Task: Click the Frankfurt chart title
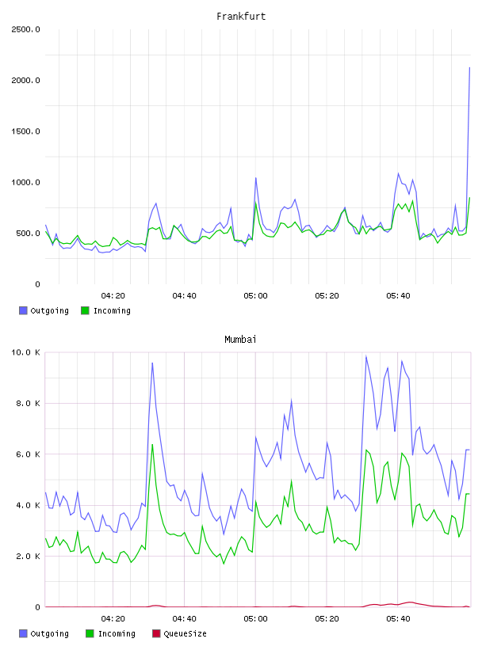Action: click(x=241, y=17)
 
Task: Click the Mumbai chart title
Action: click(x=240, y=340)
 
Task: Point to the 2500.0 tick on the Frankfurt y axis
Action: click(x=25, y=29)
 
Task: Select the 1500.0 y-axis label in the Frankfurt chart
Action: click(x=25, y=131)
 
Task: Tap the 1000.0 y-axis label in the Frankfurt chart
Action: click(x=25, y=183)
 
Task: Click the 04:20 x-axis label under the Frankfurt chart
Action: click(x=113, y=296)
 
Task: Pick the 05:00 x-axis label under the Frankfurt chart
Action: click(x=255, y=296)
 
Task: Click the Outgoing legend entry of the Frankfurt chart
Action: click(x=44, y=310)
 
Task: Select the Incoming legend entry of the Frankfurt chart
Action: click(x=106, y=310)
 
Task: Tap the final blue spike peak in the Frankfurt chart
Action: click(x=469, y=67)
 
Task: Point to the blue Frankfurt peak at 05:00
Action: click(x=256, y=178)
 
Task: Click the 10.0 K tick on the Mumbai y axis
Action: click(x=25, y=352)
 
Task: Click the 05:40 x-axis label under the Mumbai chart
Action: click(x=398, y=619)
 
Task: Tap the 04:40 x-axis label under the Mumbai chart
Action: click(x=185, y=619)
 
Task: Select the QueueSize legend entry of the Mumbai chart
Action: click(x=179, y=633)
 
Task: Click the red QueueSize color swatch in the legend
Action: click(x=156, y=633)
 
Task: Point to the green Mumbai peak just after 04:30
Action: click(x=152, y=444)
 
